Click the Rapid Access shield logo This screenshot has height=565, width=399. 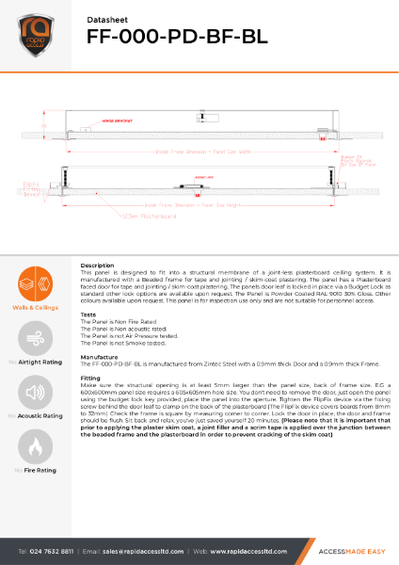coord(33,34)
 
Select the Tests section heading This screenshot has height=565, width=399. coord(88,315)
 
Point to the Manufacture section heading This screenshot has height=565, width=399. coord(100,358)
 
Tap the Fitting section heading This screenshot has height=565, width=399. coord(90,378)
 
